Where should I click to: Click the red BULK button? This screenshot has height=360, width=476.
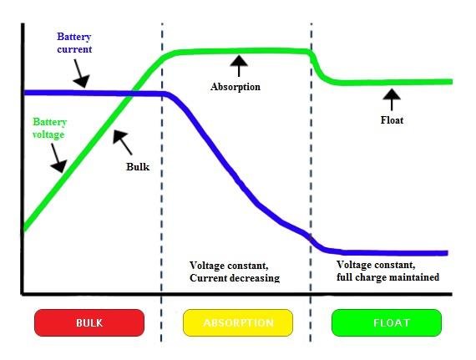tap(89, 322)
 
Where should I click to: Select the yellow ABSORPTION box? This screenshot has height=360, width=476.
tap(238, 322)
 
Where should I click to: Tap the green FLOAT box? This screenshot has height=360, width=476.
tap(387, 322)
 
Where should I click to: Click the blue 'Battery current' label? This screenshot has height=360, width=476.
tap(74, 43)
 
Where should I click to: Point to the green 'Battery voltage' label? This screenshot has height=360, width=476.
tap(49, 128)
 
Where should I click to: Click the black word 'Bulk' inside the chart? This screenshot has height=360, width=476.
tap(138, 167)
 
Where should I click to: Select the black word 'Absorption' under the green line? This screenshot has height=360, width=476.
tap(235, 87)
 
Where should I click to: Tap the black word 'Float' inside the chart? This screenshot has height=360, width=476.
tap(392, 120)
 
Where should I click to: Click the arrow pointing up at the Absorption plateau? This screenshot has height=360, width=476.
tap(239, 66)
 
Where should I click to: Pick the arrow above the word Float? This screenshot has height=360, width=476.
tap(392, 99)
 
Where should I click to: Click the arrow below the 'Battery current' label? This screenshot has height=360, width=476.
tap(80, 74)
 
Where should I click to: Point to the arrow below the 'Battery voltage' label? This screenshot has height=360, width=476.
tap(58, 158)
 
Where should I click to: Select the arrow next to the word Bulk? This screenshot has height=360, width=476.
tap(122, 142)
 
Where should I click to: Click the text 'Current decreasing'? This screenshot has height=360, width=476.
tap(235, 278)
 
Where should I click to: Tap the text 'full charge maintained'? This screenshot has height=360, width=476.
tap(387, 277)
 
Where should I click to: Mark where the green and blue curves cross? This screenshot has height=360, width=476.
tap(129, 94)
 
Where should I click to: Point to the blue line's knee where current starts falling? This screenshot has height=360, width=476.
tap(166, 94)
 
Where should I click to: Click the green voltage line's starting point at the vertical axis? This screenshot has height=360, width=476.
tap(25, 227)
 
